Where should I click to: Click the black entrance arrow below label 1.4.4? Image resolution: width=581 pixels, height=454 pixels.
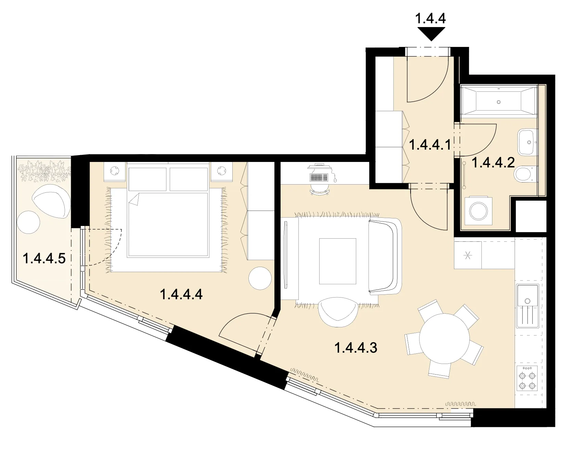[431, 34]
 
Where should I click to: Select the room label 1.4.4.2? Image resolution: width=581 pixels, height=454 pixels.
[493, 162]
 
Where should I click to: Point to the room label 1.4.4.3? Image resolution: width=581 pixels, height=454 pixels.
[356, 348]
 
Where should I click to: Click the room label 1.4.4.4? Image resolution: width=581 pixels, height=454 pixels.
[181, 294]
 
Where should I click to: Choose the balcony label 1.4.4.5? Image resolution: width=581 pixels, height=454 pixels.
[44, 258]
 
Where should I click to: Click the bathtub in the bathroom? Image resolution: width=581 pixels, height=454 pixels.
[498, 100]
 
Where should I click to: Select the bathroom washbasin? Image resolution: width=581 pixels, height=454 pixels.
[528, 142]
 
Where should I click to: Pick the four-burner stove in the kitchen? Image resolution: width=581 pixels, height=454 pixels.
[527, 380]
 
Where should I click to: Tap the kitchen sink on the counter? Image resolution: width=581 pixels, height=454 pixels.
[528, 305]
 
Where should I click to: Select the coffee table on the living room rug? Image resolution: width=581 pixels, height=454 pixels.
[337, 261]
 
